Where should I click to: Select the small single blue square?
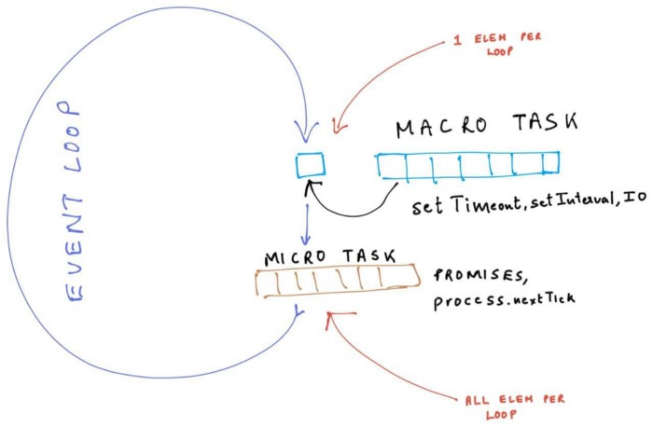coord(309,165)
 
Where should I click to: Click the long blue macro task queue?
coord(467,164)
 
